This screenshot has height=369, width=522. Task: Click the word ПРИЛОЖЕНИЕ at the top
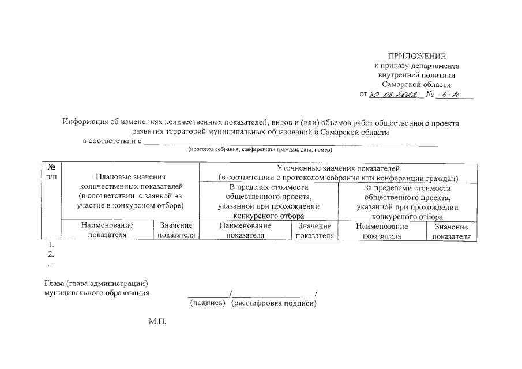pyautogui.click(x=417, y=56)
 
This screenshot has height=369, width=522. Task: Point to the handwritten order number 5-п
pyautogui.click(x=445, y=95)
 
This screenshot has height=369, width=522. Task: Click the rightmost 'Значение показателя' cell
pyautogui.click(x=451, y=231)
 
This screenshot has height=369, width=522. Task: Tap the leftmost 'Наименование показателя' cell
pyautogui.click(x=107, y=230)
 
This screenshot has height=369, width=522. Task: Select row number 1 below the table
pyautogui.click(x=51, y=245)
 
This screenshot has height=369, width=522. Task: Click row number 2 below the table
pyautogui.click(x=51, y=254)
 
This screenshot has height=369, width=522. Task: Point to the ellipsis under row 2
pyautogui.click(x=51, y=264)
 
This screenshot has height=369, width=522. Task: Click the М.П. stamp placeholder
pyautogui.click(x=157, y=321)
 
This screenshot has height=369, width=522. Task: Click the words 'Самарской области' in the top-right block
pyautogui.click(x=417, y=84)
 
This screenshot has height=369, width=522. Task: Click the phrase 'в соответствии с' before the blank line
pyautogui.click(x=112, y=140)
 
